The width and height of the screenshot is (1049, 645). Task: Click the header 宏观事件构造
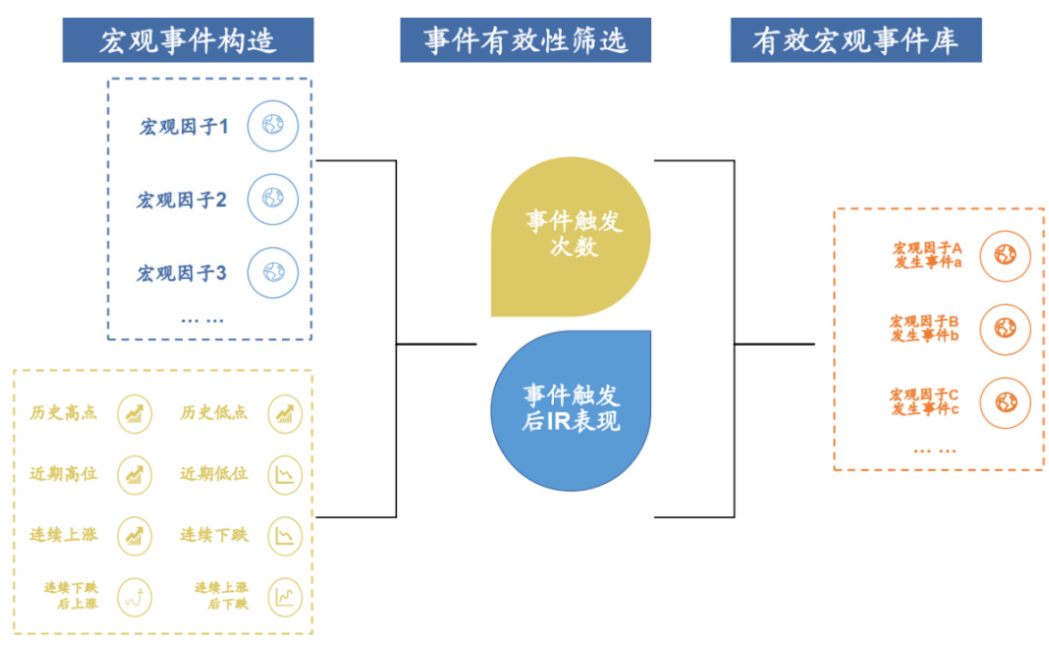(188, 41)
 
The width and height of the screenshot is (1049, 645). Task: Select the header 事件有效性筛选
(525, 41)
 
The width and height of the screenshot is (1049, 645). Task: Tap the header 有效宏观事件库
(856, 41)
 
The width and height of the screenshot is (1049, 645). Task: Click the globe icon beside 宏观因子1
(272, 126)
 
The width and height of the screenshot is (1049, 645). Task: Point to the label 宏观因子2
(182, 200)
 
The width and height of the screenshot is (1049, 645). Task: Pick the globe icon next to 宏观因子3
(272, 272)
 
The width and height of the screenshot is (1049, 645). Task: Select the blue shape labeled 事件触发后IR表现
(571, 409)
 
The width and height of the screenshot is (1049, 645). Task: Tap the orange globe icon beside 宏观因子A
(1005, 256)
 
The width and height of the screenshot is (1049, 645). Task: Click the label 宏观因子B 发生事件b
(924, 329)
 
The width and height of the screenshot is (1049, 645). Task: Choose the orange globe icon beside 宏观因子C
(1005, 402)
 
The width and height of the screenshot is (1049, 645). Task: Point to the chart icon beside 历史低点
(285, 413)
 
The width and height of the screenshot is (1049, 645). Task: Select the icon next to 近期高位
(135, 474)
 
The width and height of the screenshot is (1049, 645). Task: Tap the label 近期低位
(214, 474)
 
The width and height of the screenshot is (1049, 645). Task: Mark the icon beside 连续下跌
(285, 535)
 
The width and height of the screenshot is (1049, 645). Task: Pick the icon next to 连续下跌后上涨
(135, 596)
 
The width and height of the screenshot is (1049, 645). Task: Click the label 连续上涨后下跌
(221, 596)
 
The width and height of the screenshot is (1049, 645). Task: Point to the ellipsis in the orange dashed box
(935, 449)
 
